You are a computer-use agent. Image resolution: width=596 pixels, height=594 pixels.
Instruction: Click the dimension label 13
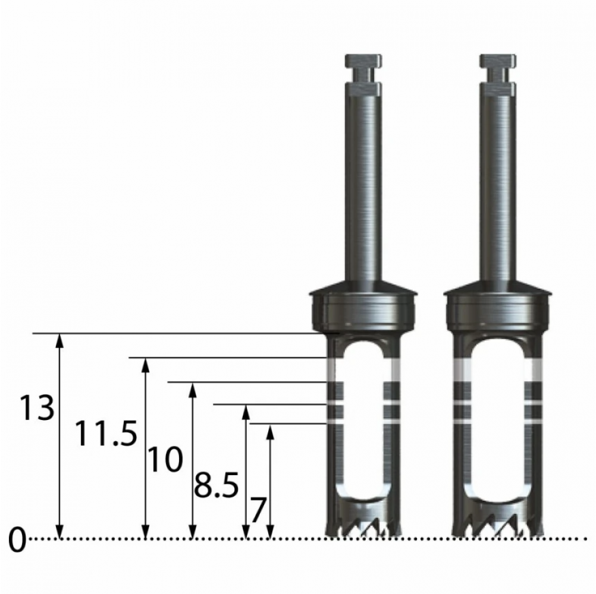(x=37, y=407)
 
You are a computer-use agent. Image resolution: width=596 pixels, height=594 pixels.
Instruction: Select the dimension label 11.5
(x=106, y=433)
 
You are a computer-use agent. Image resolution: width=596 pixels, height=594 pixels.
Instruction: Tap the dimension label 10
(x=165, y=459)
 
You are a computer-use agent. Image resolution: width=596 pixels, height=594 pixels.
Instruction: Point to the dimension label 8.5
(x=217, y=485)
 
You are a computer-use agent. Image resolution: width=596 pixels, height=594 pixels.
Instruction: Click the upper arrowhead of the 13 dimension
(x=59, y=341)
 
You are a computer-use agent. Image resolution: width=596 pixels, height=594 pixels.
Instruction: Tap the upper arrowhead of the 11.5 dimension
(x=145, y=365)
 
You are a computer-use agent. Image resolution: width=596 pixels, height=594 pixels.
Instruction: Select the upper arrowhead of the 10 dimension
(x=193, y=391)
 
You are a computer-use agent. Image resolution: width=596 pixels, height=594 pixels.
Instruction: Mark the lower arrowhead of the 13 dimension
(x=59, y=531)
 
